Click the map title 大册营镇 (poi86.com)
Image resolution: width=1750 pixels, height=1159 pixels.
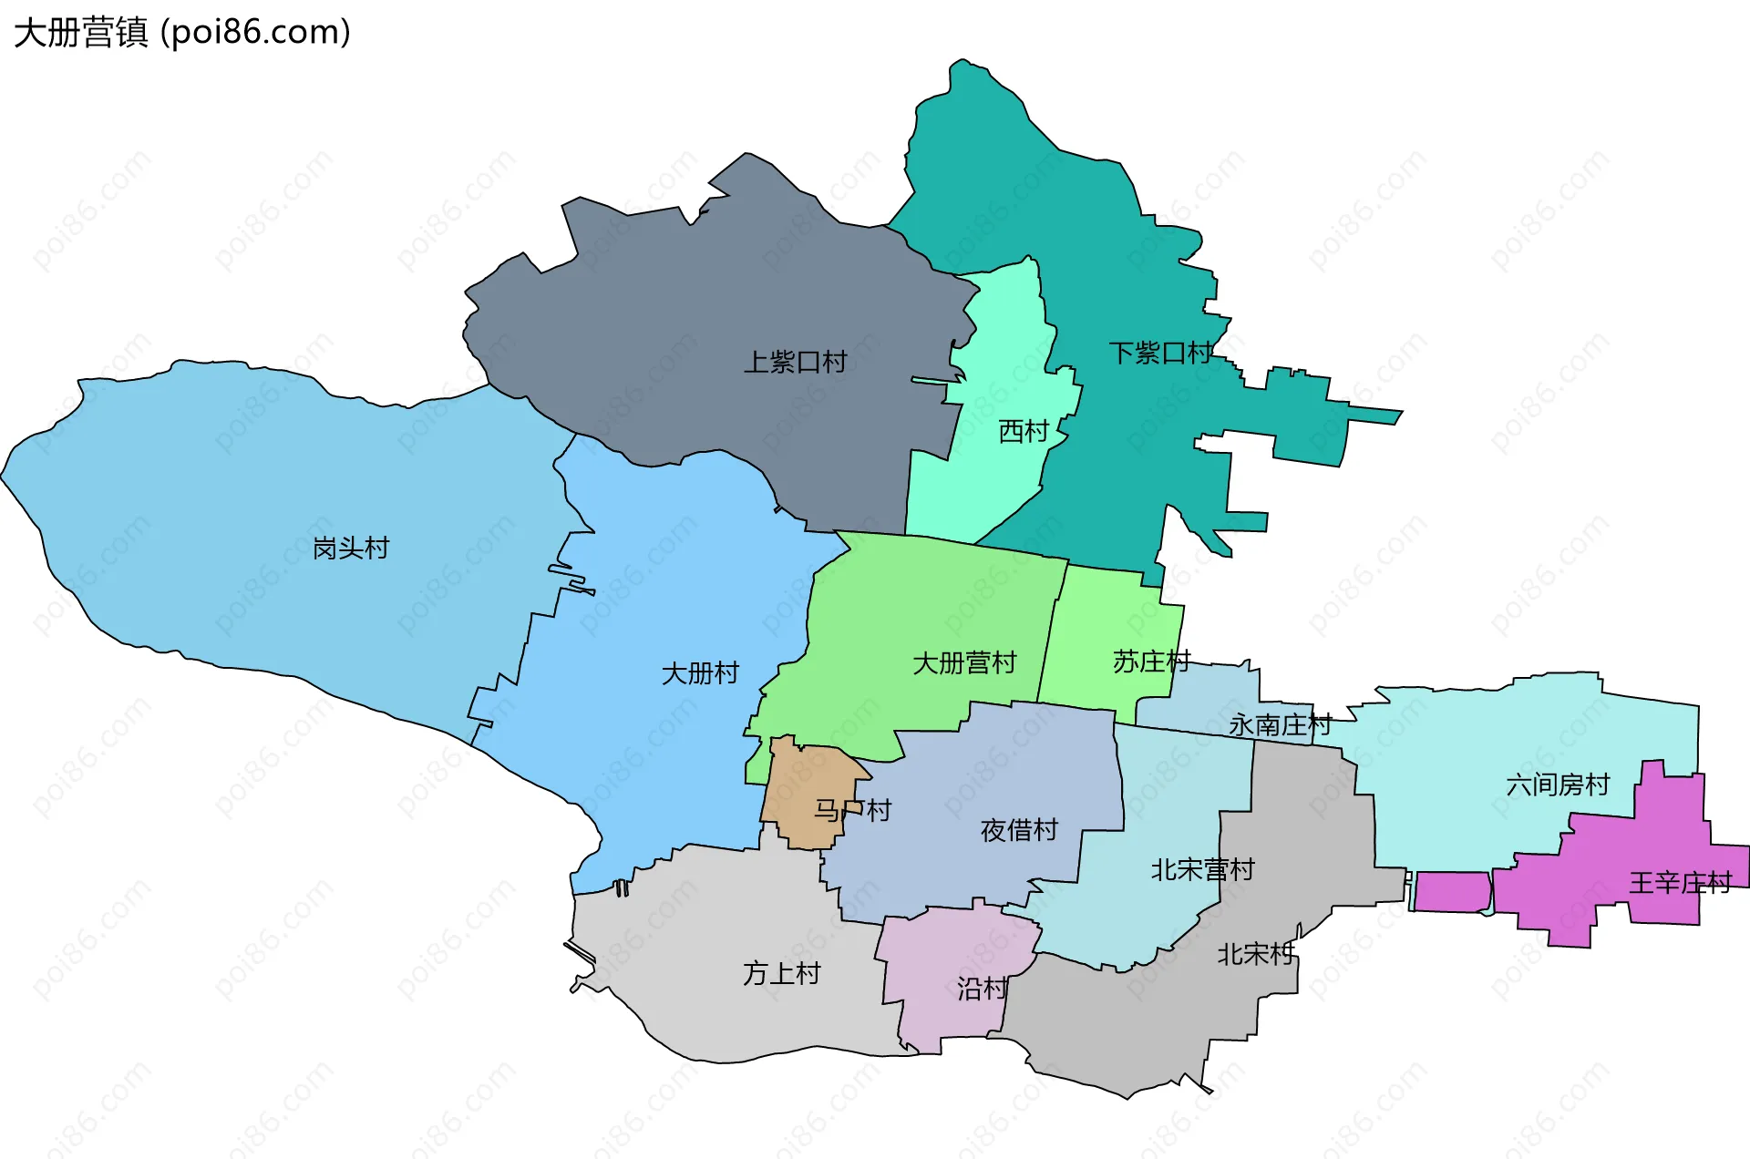(x=182, y=33)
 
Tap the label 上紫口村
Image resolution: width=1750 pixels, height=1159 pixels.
(x=795, y=362)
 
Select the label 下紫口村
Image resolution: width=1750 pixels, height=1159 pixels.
(x=1160, y=353)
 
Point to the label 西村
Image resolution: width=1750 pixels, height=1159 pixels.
(x=1024, y=431)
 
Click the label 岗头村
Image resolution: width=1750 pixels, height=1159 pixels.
(x=351, y=548)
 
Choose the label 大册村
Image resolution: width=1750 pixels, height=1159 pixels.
(x=700, y=673)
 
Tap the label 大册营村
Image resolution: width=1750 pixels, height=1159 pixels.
(x=964, y=662)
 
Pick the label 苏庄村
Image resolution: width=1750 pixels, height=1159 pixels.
(x=1151, y=662)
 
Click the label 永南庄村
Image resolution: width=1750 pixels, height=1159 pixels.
(x=1280, y=725)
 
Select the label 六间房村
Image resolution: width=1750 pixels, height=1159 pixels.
(x=1558, y=785)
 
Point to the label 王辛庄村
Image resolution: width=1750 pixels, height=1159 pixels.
(x=1680, y=882)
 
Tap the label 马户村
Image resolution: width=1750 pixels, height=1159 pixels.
(x=852, y=810)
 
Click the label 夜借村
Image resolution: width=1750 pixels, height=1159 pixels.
(x=1019, y=830)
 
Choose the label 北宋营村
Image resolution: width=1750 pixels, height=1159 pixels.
(x=1202, y=869)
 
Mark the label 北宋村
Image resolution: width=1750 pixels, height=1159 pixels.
(x=1255, y=954)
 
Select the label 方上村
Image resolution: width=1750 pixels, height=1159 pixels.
(x=781, y=973)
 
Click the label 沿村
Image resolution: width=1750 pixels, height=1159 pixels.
(x=982, y=989)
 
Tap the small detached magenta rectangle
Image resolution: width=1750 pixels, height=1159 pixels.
(x=1452, y=891)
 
